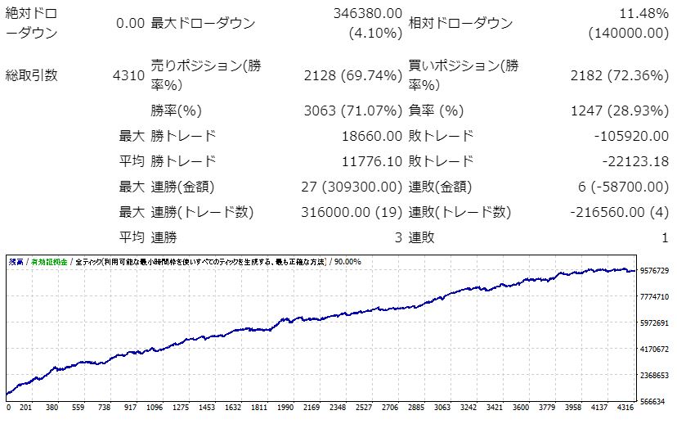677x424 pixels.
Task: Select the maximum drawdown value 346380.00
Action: point(368,14)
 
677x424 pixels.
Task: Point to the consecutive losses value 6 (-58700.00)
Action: point(624,187)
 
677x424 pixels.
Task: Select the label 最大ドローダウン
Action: point(203,23)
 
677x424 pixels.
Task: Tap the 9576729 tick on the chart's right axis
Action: point(655,271)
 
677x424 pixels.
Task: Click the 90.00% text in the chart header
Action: point(347,262)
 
